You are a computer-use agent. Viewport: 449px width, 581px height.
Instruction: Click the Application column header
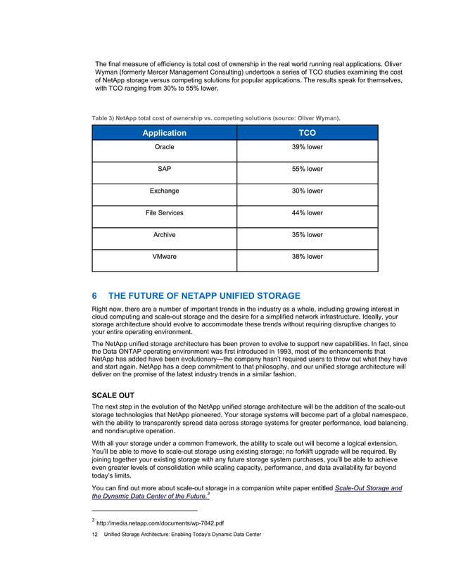coord(164,132)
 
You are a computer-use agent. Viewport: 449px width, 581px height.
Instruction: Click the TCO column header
coord(307,132)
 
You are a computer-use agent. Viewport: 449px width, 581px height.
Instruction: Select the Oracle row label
coord(164,148)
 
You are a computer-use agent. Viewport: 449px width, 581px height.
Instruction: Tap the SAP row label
coord(164,170)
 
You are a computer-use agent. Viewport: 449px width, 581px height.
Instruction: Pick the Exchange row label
coord(164,191)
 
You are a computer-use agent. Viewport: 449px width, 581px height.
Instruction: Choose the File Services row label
coord(164,212)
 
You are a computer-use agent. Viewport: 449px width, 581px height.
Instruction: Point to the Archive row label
coord(164,234)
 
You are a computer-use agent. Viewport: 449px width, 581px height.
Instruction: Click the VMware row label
coord(164,256)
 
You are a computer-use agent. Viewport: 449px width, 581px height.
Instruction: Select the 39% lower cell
coord(307,148)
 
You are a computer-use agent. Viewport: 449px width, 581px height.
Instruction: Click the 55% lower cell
coord(307,170)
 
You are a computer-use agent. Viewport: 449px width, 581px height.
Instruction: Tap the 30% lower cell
coord(307,191)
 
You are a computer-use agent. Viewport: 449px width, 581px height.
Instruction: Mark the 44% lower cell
coord(307,212)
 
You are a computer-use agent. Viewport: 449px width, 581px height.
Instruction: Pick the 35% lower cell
coord(307,234)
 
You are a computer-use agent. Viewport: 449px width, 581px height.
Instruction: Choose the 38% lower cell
coord(307,256)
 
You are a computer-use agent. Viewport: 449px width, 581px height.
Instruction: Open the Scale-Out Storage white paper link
coord(368,487)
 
